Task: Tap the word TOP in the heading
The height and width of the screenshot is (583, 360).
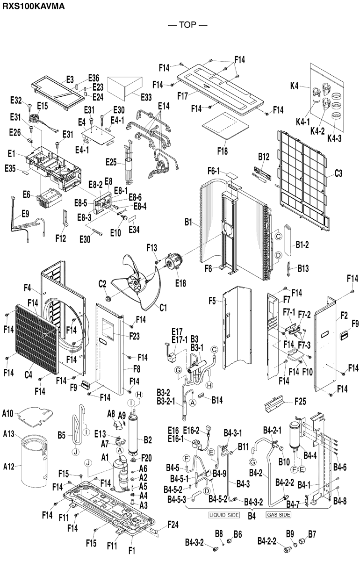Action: [187, 25]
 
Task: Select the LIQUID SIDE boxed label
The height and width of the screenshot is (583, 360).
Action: [223, 515]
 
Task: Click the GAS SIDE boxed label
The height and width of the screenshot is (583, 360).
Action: [279, 515]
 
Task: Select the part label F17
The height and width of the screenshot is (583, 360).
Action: [183, 95]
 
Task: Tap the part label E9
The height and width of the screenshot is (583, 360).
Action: [25, 214]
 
